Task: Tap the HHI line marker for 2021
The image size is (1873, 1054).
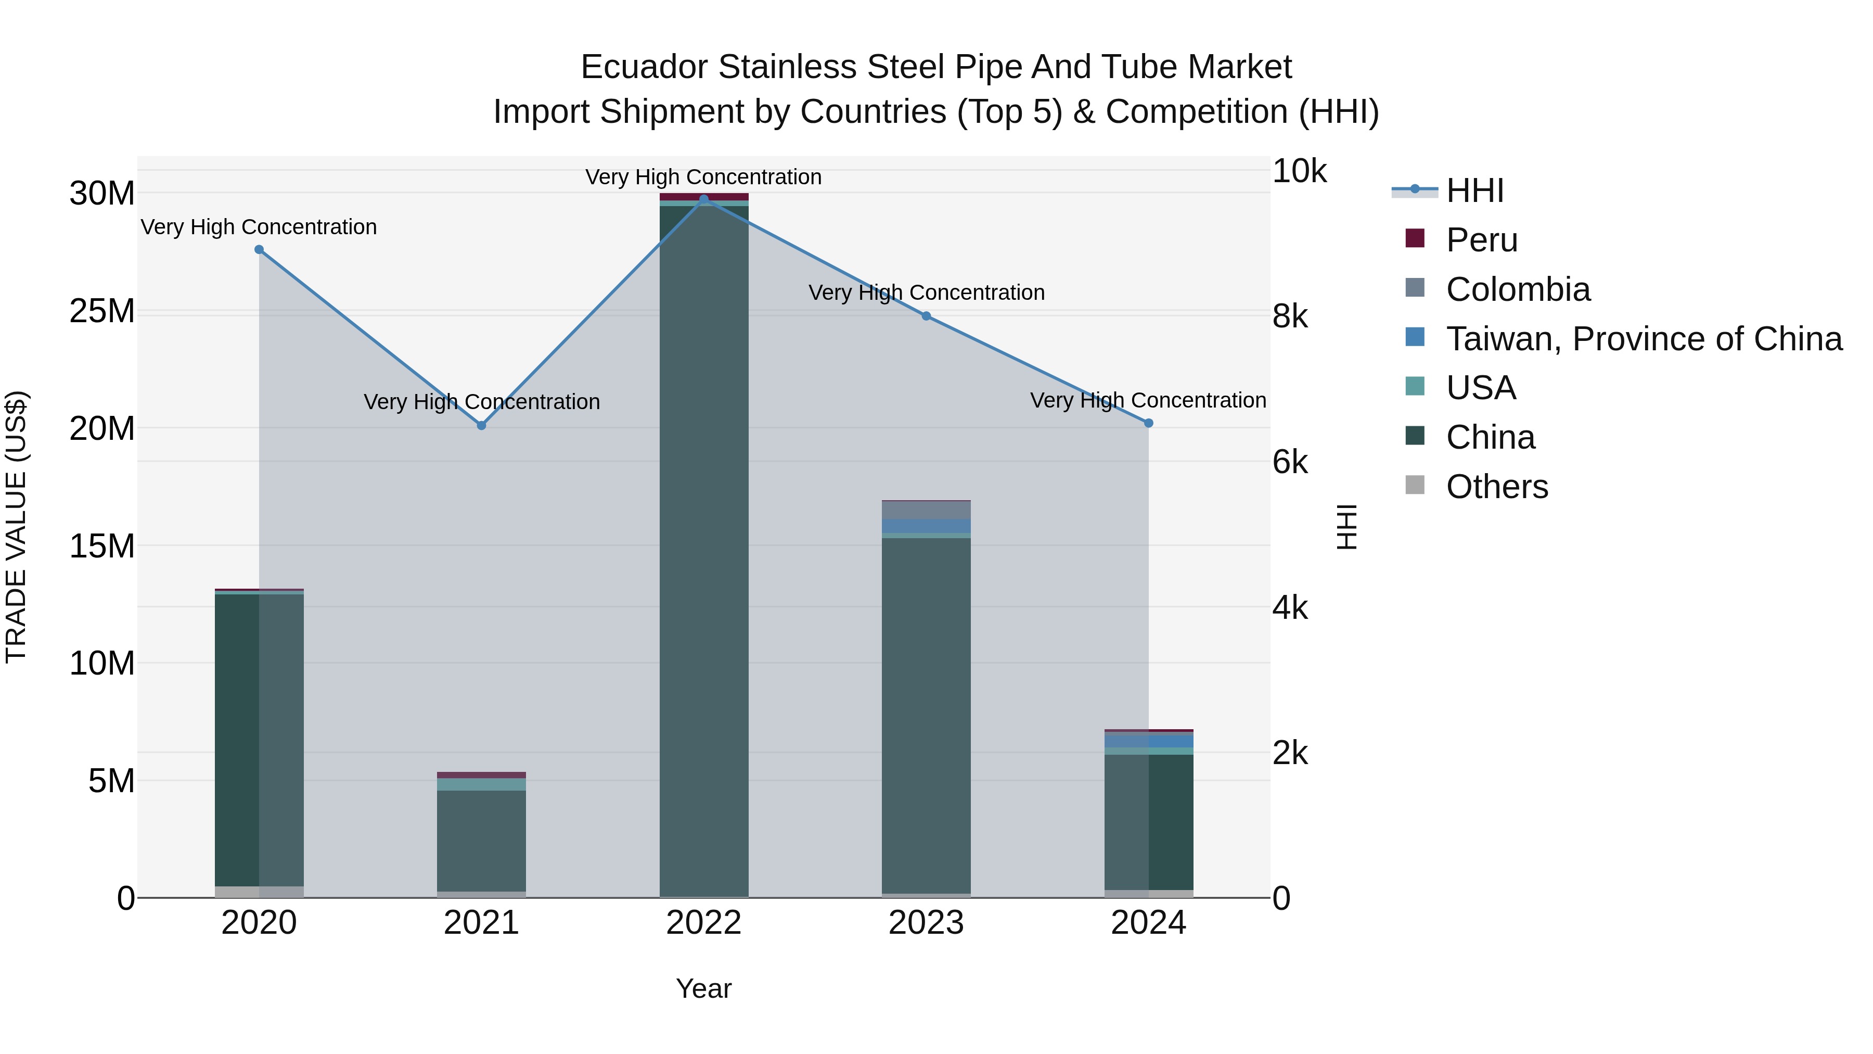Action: [x=481, y=426]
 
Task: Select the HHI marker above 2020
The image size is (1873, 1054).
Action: [x=259, y=249]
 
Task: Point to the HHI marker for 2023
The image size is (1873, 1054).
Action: [x=926, y=316]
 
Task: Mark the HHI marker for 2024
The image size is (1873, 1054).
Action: [x=1148, y=423]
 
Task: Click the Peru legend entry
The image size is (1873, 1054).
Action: [x=1481, y=240]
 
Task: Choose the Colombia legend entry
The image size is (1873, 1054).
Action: [x=1518, y=289]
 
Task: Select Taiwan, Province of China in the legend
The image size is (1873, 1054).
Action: [x=1643, y=339]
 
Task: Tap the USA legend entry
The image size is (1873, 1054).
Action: [x=1480, y=388]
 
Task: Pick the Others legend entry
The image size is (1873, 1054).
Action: [x=1496, y=487]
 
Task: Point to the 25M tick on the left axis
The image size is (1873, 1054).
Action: [x=102, y=311]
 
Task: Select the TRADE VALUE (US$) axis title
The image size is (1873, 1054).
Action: [x=16, y=527]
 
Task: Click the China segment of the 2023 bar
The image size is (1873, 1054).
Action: [x=926, y=713]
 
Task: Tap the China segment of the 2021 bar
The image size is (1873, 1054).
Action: [x=481, y=840]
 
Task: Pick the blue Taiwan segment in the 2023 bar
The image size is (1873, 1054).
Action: [x=926, y=526]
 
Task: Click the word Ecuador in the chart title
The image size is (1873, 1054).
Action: [x=644, y=67]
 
